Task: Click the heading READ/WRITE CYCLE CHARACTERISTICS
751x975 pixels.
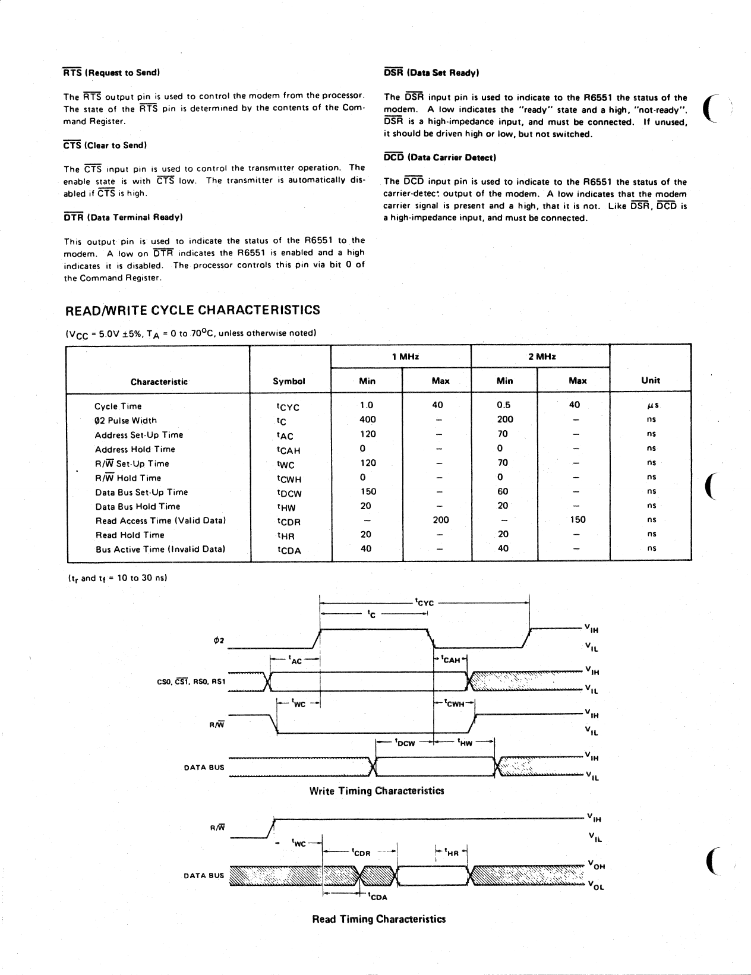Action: [x=193, y=310]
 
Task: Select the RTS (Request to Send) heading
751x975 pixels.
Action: [x=111, y=72]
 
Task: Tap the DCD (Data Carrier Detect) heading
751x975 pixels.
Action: [x=440, y=157]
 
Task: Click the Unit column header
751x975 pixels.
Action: [x=651, y=380]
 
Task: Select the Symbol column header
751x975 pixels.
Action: [x=289, y=381]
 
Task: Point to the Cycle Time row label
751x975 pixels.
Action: [x=118, y=406]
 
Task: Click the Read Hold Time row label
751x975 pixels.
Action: [x=130, y=535]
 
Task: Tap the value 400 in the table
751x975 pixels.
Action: [x=368, y=419]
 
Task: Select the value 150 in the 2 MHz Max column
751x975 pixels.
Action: [x=578, y=520]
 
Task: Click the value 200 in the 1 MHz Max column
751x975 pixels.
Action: [x=440, y=520]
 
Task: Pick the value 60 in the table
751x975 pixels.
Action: [x=503, y=491]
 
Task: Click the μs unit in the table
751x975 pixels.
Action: [x=652, y=406]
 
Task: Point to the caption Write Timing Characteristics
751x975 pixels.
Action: [x=377, y=791]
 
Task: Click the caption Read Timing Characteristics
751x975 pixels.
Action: [x=378, y=919]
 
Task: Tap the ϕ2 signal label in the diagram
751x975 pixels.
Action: [x=219, y=640]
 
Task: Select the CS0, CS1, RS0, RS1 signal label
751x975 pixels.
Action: [x=191, y=681]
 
